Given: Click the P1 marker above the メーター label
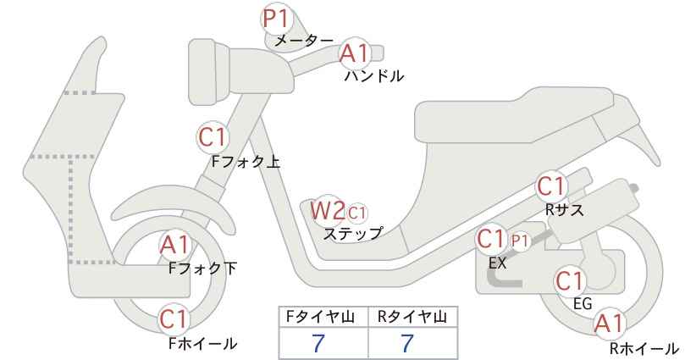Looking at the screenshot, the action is pos(276,19).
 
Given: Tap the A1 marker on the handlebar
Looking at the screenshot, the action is pos(354,53).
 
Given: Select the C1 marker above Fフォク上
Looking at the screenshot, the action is pos(213,137).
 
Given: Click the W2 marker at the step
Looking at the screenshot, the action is pos(328,210).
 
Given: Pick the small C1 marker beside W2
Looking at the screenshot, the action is pos(356,213).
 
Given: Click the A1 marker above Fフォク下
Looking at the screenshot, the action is pos(175,245).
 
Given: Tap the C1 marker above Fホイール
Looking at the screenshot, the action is pos(175,319).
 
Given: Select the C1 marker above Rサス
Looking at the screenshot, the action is pos(550,187).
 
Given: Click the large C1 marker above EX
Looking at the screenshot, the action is pos(491,239).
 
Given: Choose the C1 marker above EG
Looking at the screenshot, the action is pos(570,281).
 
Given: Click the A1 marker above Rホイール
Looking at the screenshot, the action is pos(609,324).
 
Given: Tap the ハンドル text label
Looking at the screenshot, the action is pos(374,76).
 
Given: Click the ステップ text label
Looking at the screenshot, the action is pos(353,234).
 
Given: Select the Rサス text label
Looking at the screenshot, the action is pos(564,210).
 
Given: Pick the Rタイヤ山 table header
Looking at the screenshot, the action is pos(412,317).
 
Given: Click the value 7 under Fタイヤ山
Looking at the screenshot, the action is pos(318,343).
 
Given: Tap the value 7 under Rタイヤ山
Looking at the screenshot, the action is pos(407,343).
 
